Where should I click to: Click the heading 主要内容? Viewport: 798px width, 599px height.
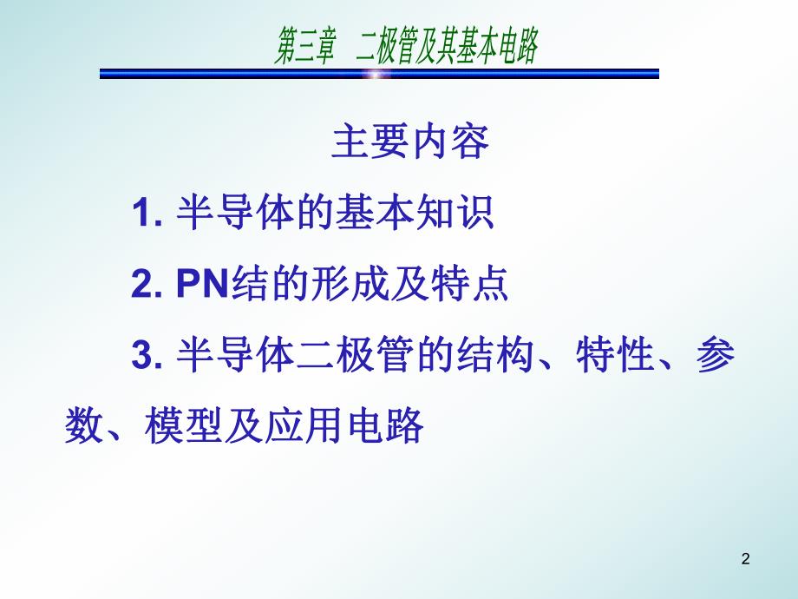coord(409,143)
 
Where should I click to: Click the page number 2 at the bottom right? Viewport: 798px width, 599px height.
coord(745,561)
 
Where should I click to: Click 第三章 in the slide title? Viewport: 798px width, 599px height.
coord(305,47)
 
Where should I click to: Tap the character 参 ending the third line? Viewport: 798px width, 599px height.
coord(715,356)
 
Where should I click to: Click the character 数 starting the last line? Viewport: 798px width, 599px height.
coord(83,427)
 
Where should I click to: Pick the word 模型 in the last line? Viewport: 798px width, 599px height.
coord(188,427)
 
